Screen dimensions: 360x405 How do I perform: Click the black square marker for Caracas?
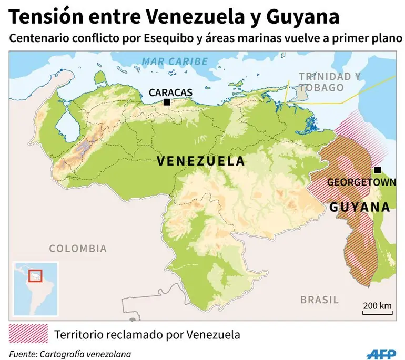pyautogui.click(x=167, y=102)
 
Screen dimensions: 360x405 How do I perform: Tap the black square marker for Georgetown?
pyautogui.click(x=377, y=170)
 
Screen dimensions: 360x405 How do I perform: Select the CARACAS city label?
pyautogui.click(x=170, y=92)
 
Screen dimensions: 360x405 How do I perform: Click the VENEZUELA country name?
pyautogui.click(x=201, y=161)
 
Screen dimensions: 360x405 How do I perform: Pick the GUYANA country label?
pyautogui.click(x=360, y=207)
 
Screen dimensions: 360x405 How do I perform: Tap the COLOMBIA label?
pyautogui.click(x=78, y=249)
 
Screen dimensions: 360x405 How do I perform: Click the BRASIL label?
pyautogui.click(x=319, y=300)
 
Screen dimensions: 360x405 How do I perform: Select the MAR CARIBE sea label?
pyautogui.click(x=175, y=61)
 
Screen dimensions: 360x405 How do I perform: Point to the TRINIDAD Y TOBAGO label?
pyautogui.click(x=330, y=82)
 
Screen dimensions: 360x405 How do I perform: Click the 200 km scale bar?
pyautogui.click(x=377, y=310)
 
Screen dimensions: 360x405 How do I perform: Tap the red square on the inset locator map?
pyautogui.click(x=35, y=275)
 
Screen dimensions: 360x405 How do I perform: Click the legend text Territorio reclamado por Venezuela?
pyautogui.click(x=147, y=334)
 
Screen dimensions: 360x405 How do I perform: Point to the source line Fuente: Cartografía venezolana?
pyautogui.click(x=70, y=354)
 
